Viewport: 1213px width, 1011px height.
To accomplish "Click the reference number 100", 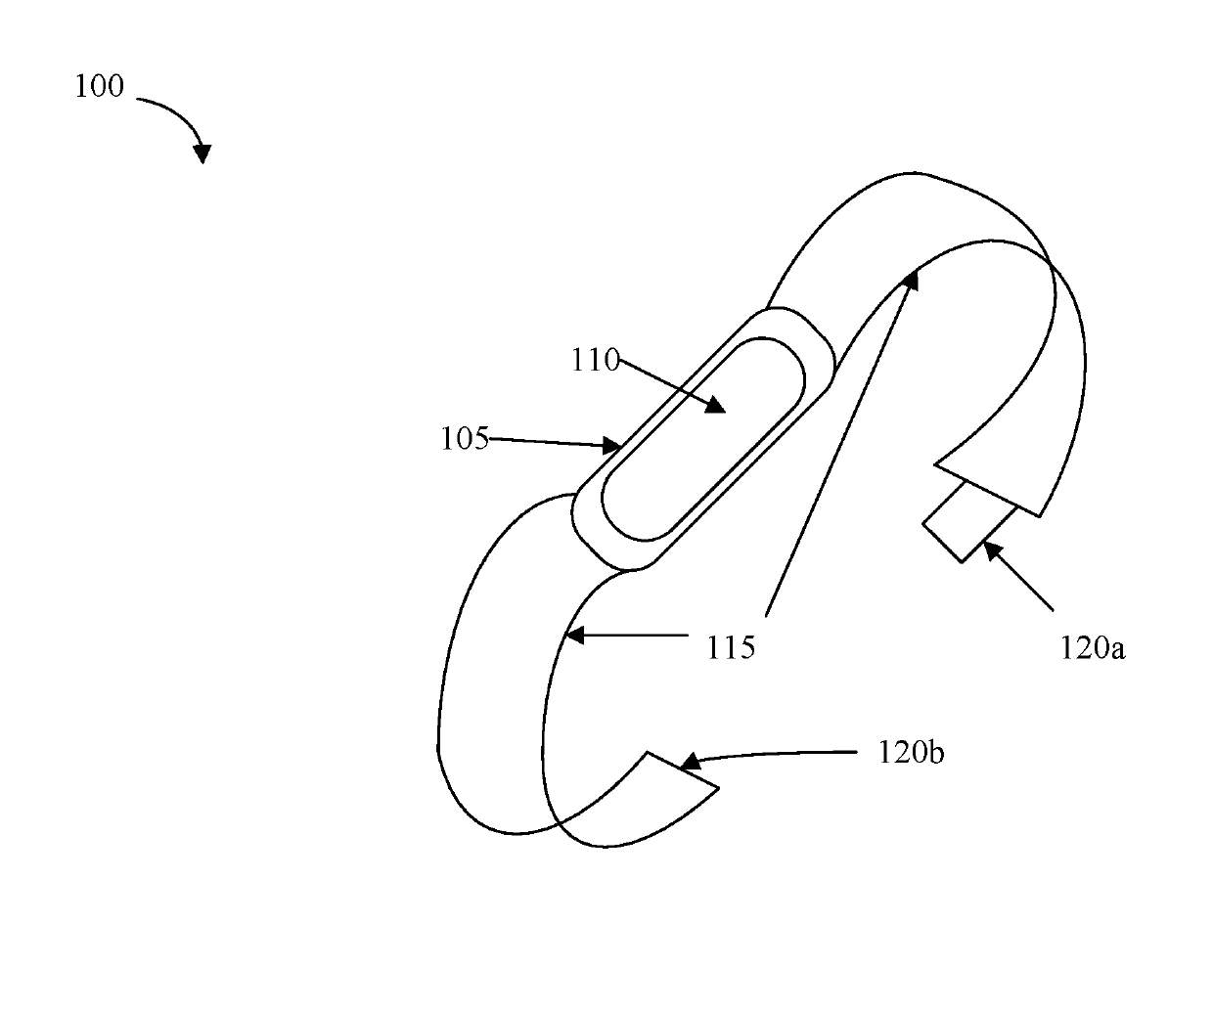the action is pyautogui.click(x=100, y=87).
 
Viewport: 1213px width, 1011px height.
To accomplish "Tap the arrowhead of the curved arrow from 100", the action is pyautogui.click(x=202, y=153).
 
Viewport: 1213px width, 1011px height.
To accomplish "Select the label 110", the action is pyautogui.click(x=596, y=361).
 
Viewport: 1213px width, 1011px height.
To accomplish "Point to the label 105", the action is pyautogui.click(x=464, y=439).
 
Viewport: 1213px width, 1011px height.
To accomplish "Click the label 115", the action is pyautogui.click(x=732, y=646).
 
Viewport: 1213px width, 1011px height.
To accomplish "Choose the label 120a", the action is pyautogui.click(x=1092, y=646).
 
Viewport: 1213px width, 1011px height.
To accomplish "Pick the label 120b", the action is pyautogui.click(x=911, y=753).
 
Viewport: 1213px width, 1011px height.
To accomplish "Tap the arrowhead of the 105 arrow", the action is pyautogui.click(x=612, y=447).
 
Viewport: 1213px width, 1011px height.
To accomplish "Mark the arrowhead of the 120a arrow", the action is pyautogui.click(x=991, y=549).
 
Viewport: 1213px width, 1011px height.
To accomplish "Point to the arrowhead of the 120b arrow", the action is pyautogui.click(x=689, y=762).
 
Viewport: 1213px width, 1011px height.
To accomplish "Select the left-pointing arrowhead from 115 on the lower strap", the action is pyautogui.click(x=574, y=635).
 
